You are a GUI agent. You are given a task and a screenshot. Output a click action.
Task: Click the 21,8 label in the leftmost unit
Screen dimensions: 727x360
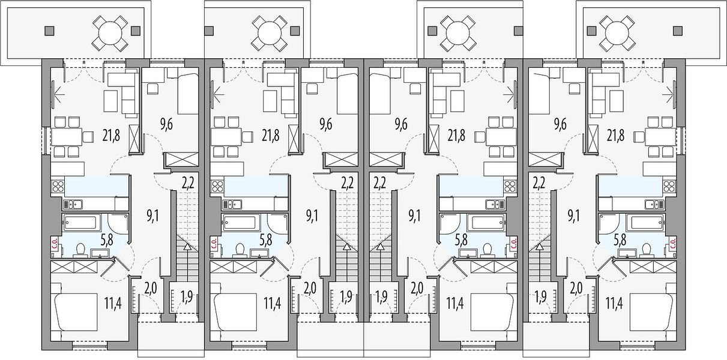pyautogui.click(x=111, y=136)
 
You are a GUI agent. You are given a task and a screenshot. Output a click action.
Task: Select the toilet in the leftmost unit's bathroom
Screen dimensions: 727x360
pyautogui.click(x=80, y=251)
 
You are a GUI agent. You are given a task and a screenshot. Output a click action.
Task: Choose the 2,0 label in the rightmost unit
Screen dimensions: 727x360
pyautogui.click(x=576, y=287)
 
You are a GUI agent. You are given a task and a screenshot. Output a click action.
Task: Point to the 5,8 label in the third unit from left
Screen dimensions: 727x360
pyautogui.click(x=461, y=241)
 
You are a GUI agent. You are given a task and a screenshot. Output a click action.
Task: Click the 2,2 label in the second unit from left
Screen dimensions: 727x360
pyautogui.click(x=347, y=184)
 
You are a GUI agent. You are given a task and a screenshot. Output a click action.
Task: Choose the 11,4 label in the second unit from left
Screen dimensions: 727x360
pyautogui.click(x=272, y=304)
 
